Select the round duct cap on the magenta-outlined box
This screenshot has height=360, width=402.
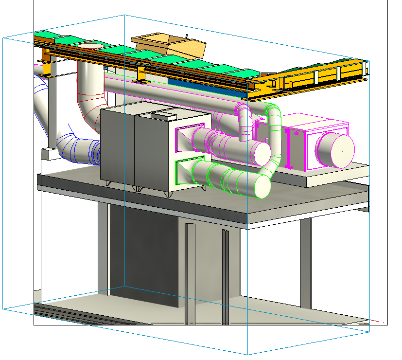coord(335,150)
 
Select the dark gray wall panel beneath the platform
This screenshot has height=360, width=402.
coord(143,253)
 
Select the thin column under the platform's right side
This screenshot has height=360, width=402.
coord(305,263)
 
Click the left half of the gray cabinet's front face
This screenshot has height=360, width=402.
coord(117,146)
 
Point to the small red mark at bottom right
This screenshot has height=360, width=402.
coord(384,322)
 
